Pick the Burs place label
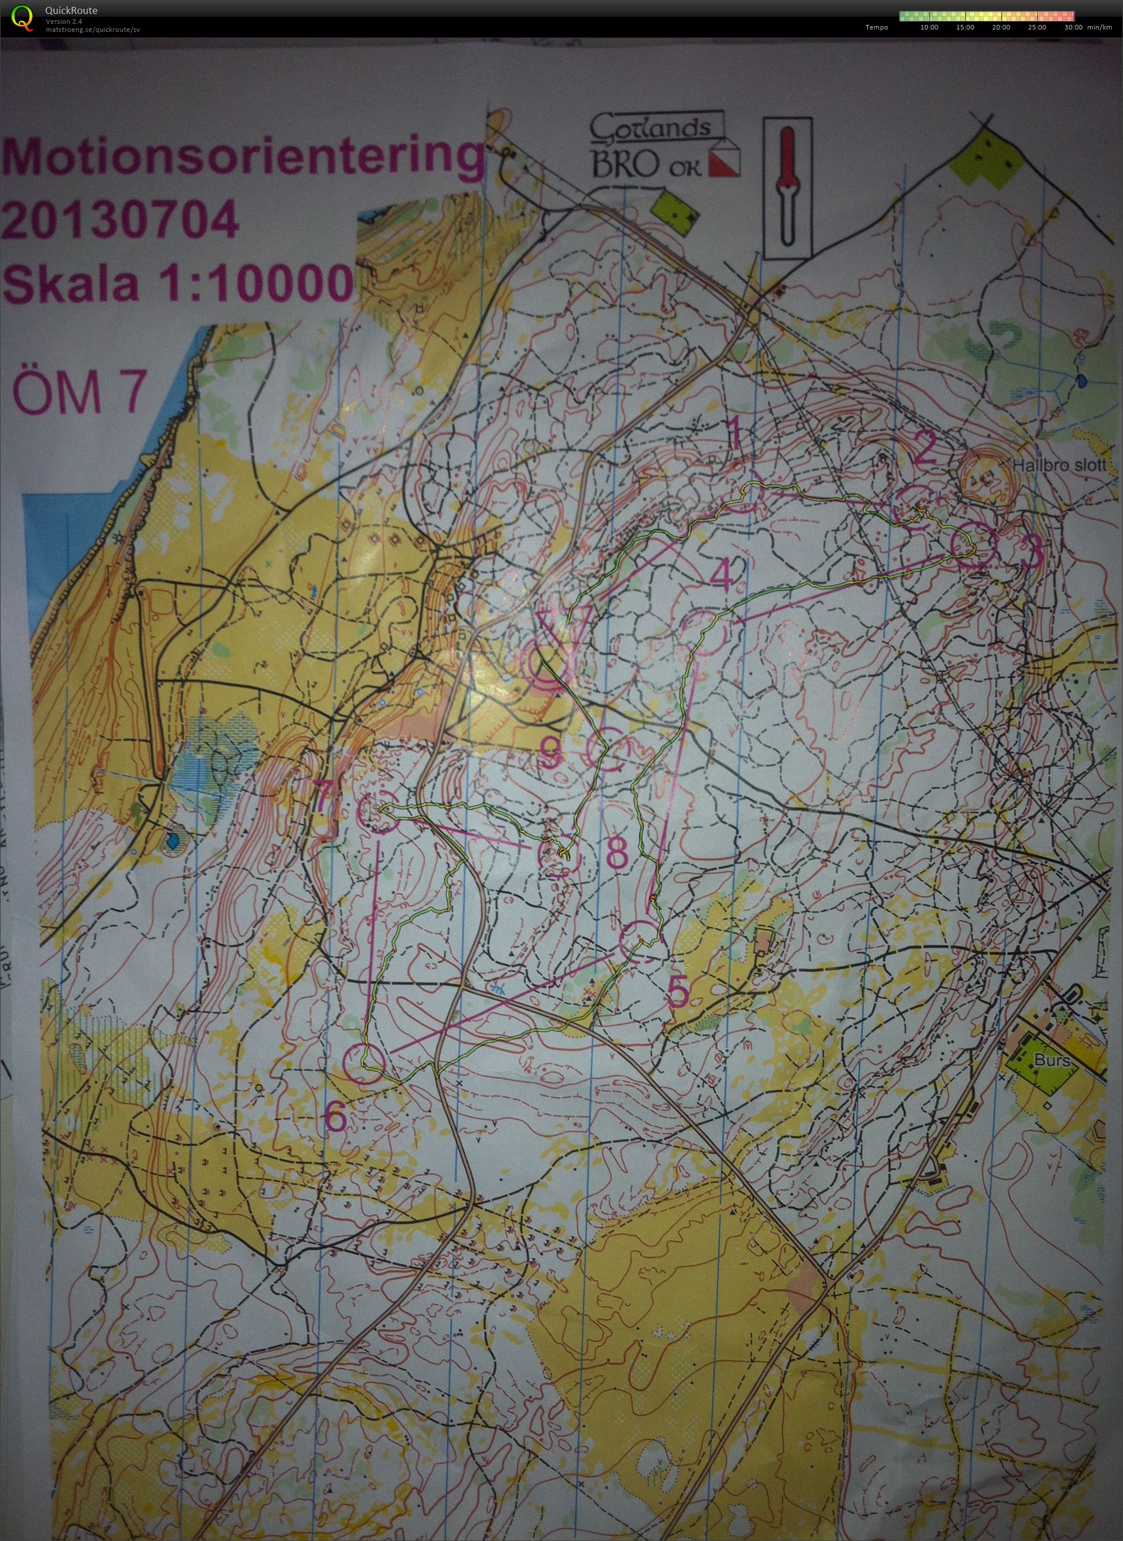point(1052,1061)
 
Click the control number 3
point(1032,552)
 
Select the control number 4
point(721,575)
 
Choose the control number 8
point(616,853)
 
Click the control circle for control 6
point(365,1064)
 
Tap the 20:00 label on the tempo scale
point(1001,27)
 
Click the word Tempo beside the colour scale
point(876,27)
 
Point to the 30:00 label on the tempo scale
point(1073,27)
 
